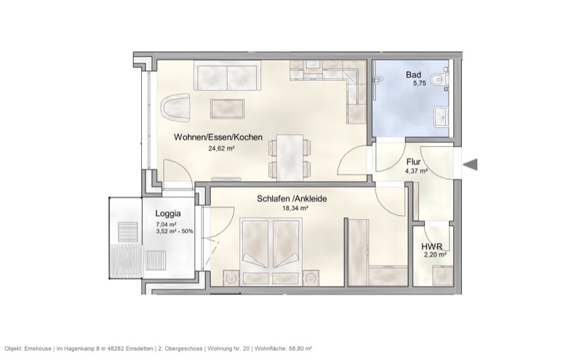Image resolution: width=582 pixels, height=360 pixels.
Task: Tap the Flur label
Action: pyautogui.click(x=413, y=162)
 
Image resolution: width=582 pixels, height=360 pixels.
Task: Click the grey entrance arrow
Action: pyautogui.click(x=471, y=166)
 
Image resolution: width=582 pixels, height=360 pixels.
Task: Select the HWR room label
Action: pyautogui.click(x=433, y=246)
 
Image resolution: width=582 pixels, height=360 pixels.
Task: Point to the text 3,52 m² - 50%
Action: pyautogui.click(x=174, y=232)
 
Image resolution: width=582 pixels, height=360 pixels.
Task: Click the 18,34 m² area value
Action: pyautogui.click(x=295, y=208)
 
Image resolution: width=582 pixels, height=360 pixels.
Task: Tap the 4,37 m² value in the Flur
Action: pyautogui.click(x=415, y=172)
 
